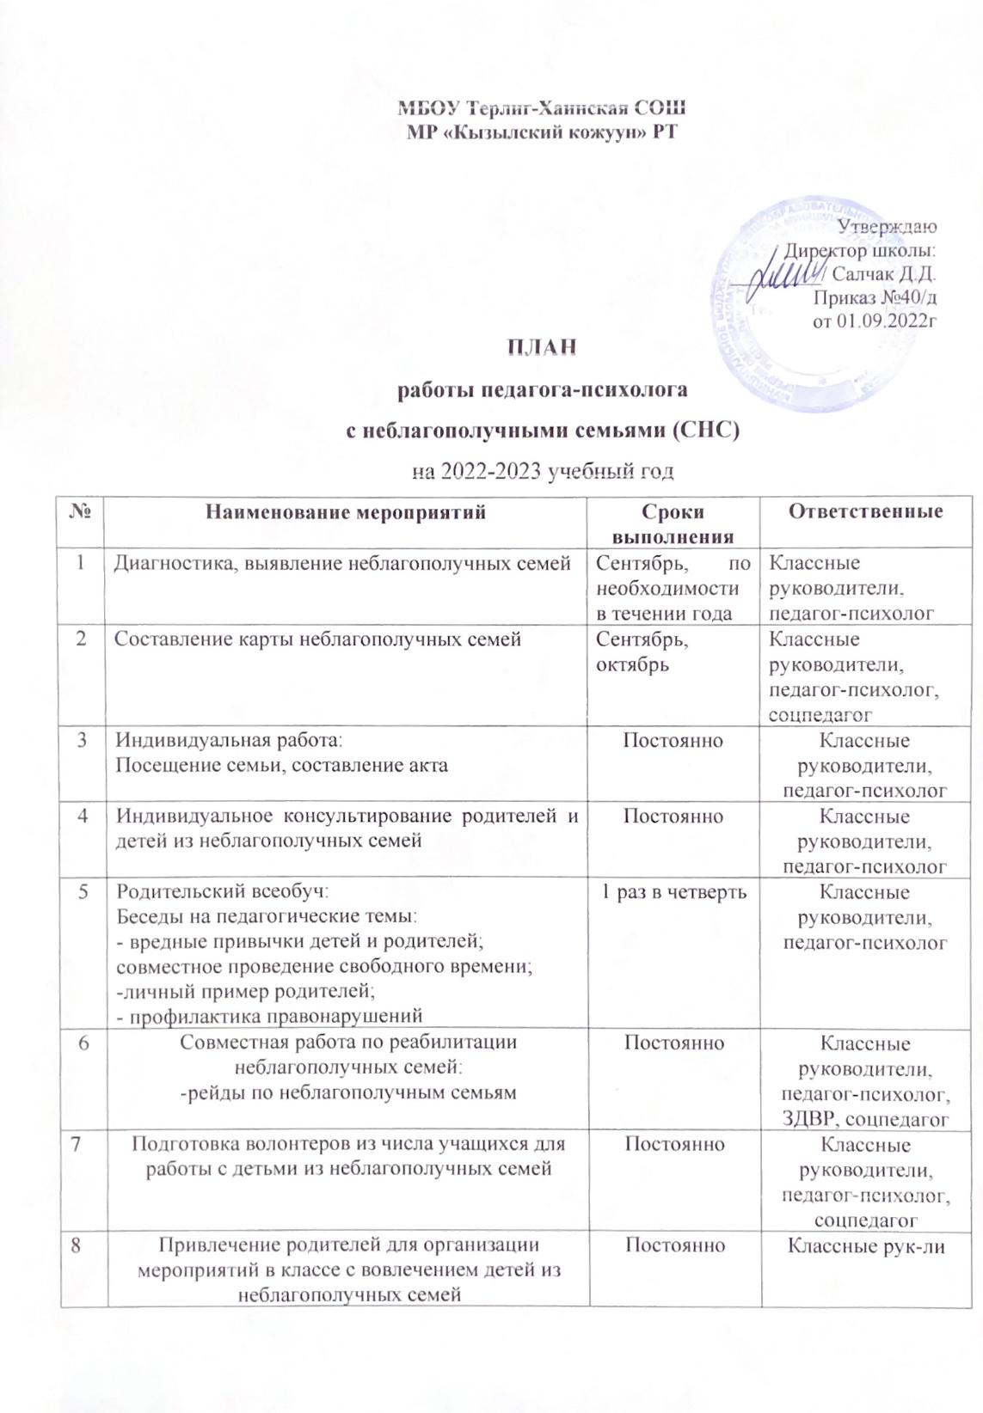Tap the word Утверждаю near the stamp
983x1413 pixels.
[x=888, y=227]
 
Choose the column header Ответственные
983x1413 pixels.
[x=866, y=512]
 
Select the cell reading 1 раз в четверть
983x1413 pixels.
[x=673, y=892]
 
